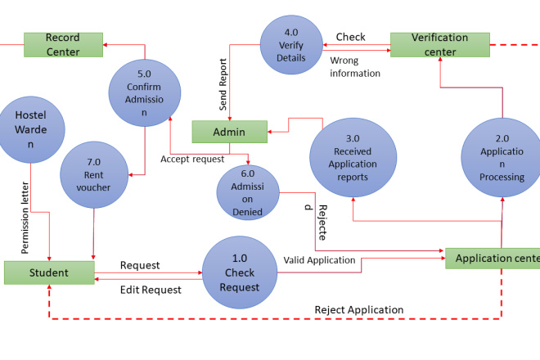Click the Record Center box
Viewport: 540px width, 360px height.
(63, 45)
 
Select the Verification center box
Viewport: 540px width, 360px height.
(439, 44)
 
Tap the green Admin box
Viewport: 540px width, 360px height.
(229, 132)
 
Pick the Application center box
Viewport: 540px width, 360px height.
(493, 259)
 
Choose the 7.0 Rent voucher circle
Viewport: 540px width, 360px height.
(97, 175)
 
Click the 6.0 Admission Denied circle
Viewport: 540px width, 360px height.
(247, 191)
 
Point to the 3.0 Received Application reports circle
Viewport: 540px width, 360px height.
(353, 158)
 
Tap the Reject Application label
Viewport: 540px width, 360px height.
(358, 310)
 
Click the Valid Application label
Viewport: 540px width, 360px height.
(319, 260)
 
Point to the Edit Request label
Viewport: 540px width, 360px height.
(151, 290)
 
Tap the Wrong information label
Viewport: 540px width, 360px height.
(355, 67)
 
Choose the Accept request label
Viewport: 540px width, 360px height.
(191, 159)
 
